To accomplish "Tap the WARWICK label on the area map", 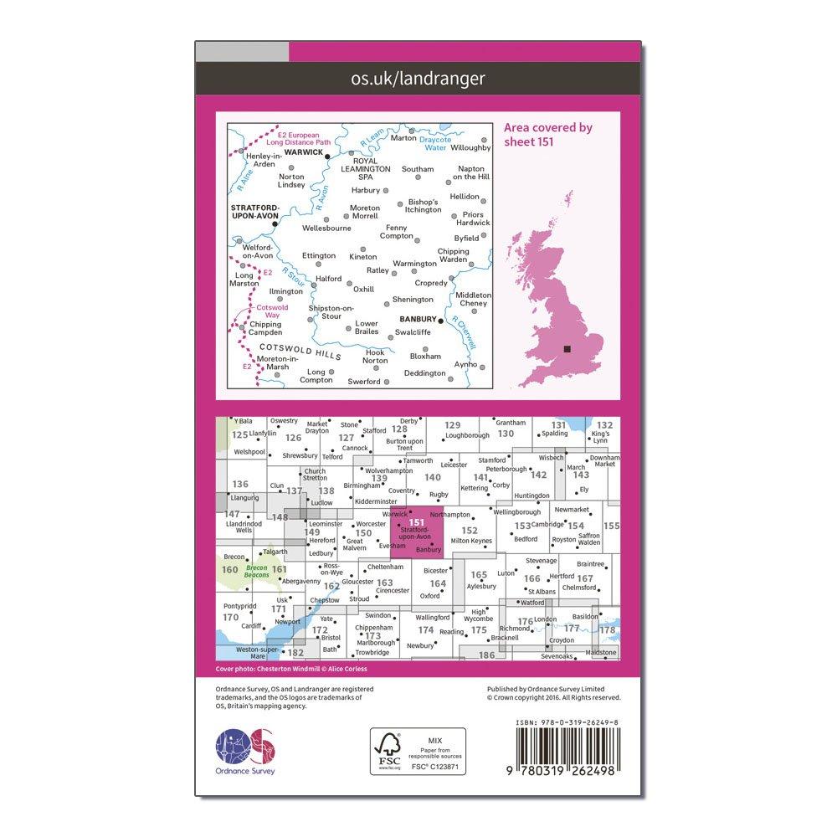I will pos(304,153).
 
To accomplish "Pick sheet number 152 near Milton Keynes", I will pos(470,530).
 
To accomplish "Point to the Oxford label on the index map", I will pos(429,596).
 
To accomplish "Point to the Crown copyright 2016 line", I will pos(553,696).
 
